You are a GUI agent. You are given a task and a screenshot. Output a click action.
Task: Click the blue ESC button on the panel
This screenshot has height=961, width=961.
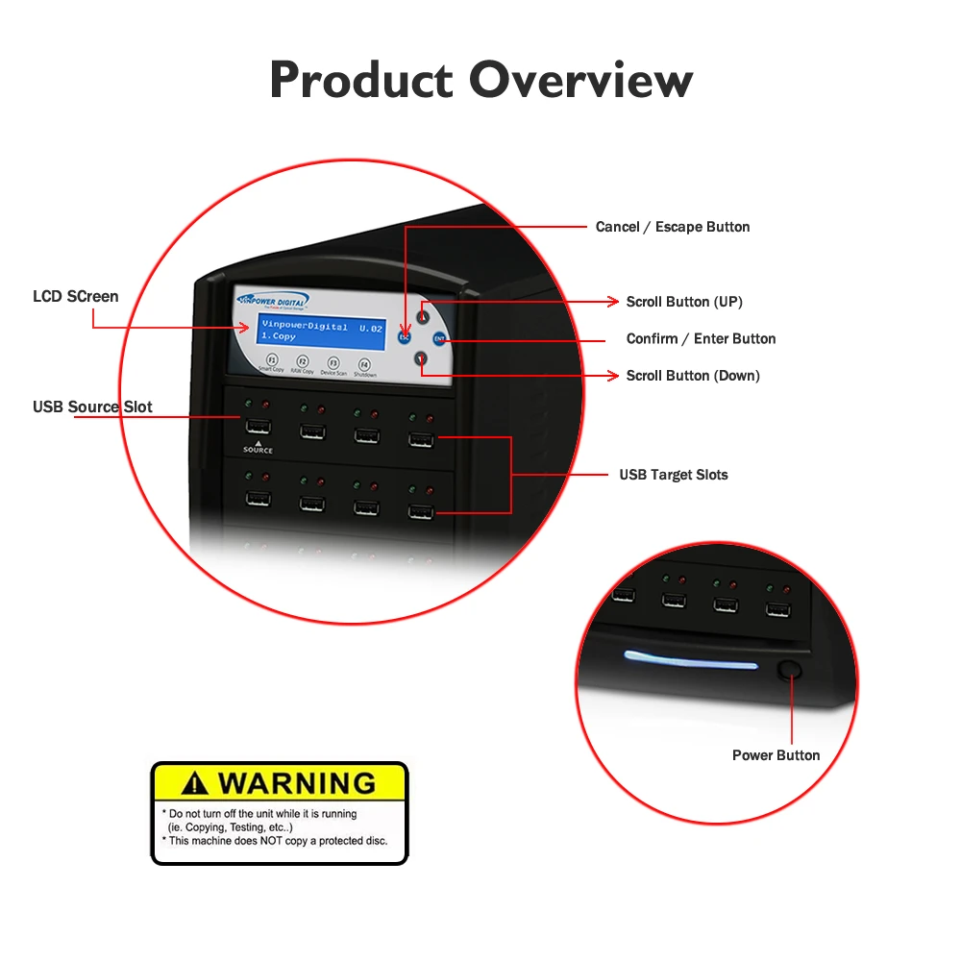[405, 337]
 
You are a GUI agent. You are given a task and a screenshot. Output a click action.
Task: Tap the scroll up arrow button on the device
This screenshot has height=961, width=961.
[422, 316]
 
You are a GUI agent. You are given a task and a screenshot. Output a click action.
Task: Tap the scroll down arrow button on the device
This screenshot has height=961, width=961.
[421, 358]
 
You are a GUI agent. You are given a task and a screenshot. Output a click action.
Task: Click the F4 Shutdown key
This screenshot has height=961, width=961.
[364, 364]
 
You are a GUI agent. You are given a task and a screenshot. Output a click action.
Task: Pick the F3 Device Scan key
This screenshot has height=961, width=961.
[333, 363]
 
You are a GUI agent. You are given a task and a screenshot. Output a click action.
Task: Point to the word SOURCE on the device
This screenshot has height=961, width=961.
[258, 450]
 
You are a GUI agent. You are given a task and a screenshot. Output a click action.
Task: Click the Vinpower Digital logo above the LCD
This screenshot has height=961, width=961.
[273, 302]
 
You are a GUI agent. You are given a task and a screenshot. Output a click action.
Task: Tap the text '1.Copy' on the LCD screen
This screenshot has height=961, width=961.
[279, 337]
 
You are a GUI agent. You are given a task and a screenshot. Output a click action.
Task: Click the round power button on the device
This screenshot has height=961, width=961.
[790, 670]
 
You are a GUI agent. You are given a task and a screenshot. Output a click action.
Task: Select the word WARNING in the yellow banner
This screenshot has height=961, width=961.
[296, 782]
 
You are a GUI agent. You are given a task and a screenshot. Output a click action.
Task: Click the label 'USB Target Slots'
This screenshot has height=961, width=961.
[673, 475]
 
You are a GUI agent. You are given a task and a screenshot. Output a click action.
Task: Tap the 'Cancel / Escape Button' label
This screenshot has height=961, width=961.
[673, 227]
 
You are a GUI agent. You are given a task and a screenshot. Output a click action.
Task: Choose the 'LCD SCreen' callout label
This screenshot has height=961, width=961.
[76, 296]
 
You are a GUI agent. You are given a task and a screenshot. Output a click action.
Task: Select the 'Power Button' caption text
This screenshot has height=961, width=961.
[776, 755]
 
